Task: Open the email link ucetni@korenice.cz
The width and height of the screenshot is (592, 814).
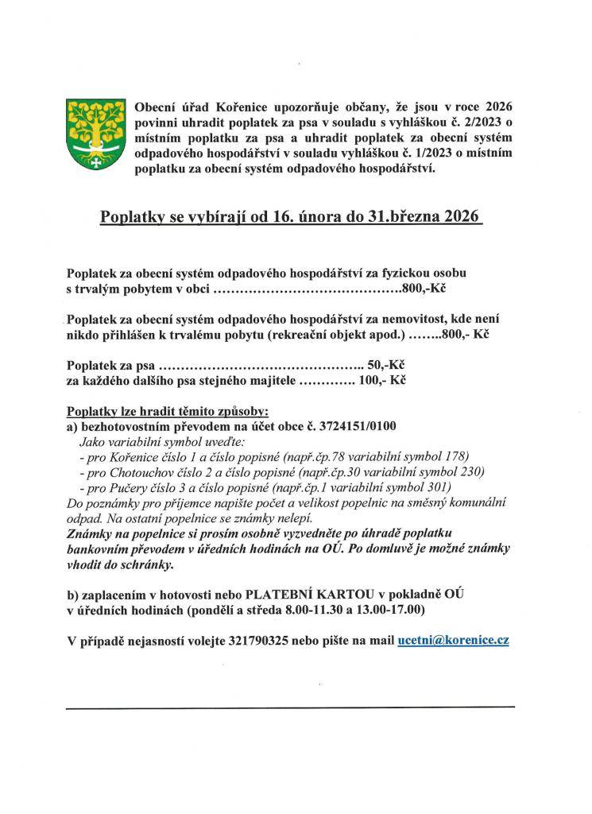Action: (453, 639)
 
